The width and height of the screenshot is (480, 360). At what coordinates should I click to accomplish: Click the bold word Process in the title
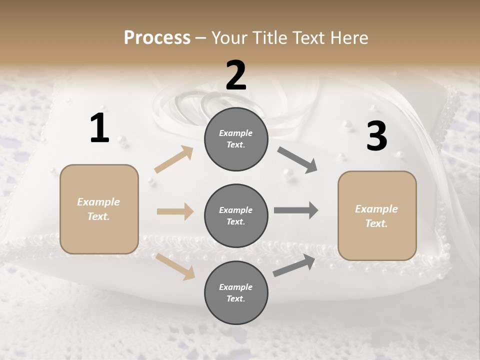click(x=157, y=37)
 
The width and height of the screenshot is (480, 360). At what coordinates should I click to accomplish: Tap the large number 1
click(x=99, y=128)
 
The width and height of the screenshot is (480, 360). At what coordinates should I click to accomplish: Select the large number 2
click(x=236, y=75)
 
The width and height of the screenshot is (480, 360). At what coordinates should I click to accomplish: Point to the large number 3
click(x=376, y=136)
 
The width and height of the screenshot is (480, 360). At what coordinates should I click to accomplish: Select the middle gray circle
click(x=236, y=215)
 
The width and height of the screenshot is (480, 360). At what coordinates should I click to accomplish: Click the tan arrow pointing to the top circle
click(x=174, y=159)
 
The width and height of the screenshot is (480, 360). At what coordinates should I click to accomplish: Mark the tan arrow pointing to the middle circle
click(x=175, y=211)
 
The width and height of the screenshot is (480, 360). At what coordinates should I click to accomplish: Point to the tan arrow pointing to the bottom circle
click(x=175, y=266)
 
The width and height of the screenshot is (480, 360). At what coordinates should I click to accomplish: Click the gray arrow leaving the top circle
click(x=297, y=160)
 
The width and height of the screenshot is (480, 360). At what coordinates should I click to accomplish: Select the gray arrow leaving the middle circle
click(x=296, y=210)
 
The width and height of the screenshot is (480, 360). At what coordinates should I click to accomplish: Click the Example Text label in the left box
click(x=98, y=209)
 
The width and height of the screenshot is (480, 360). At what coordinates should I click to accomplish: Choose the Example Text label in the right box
click(x=376, y=216)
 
